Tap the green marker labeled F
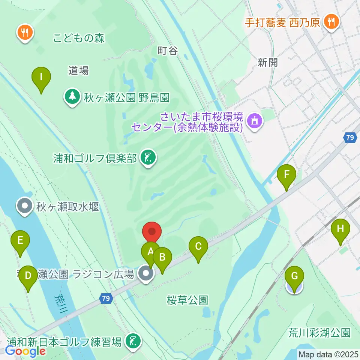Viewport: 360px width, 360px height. click(x=286, y=175)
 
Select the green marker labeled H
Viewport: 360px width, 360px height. click(x=340, y=229)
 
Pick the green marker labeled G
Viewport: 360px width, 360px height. click(x=294, y=277)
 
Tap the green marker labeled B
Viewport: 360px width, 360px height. click(x=162, y=258)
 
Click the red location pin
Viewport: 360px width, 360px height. click(x=152, y=232)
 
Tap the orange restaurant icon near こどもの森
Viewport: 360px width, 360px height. click(x=25, y=33)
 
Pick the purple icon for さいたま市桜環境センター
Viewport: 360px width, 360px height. click(x=255, y=121)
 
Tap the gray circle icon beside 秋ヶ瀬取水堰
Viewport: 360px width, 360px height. click(x=25, y=206)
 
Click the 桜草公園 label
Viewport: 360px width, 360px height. click(x=187, y=300)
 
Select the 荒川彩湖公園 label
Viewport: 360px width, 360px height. click(x=319, y=332)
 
